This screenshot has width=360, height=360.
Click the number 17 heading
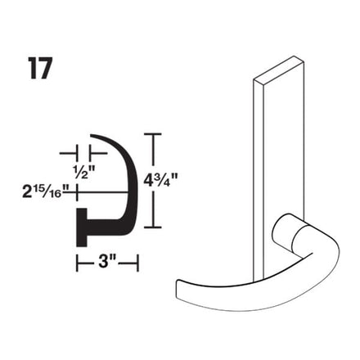click(39, 69)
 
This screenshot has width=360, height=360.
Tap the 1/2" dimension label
click(84, 172)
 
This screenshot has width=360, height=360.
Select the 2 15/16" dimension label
click(43, 191)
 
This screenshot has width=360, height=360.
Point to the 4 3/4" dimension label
click(160, 180)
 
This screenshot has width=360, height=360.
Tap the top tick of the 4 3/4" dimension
click(153, 134)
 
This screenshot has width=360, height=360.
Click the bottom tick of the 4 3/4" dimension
click(153, 227)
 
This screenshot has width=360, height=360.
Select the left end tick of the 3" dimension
click(78, 263)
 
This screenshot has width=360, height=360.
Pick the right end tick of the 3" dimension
click(137, 263)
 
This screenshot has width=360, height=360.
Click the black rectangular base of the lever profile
click(82, 227)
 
